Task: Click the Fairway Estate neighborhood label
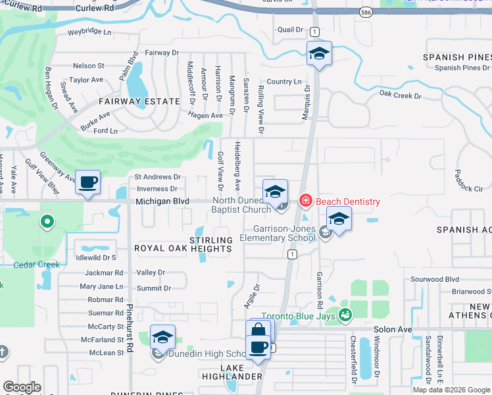[x=139, y=101]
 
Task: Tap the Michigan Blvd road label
[x=162, y=201]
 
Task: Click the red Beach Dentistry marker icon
[x=305, y=200]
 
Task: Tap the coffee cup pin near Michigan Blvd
[x=88, y=182]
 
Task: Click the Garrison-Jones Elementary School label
[x=276, y=233]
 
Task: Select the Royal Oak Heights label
[x=183, y=249]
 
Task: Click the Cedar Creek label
[x=36, y=265]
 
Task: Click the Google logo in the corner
[x=22, y=387]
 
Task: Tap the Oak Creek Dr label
[x=400, y=95]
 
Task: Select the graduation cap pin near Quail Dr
[x=319, y=53]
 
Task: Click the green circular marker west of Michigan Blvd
[x=47, y=222]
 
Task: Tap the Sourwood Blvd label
[x=434, y=279]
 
